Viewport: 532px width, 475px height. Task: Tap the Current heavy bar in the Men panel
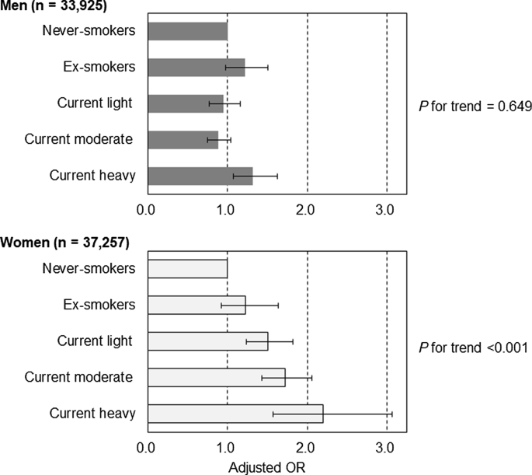click(200, 176)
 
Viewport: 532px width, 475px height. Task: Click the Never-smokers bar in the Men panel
click(186, 31)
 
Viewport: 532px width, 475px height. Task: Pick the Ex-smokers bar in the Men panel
click(196, 68)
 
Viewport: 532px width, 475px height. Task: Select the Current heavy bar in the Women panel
click(235, 414)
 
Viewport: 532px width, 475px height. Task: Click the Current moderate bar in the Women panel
click(216, 377)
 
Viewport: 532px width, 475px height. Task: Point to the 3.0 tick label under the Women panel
click(385, 447)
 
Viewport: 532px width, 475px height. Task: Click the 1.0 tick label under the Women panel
click(226, 447)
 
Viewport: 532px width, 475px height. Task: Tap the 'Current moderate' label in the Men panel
click(78, 139)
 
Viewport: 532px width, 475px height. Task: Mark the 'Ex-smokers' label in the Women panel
click(99, 304)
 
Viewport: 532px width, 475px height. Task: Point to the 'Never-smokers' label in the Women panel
click(90, 268)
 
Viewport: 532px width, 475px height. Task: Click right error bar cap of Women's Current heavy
click(392, 414)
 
